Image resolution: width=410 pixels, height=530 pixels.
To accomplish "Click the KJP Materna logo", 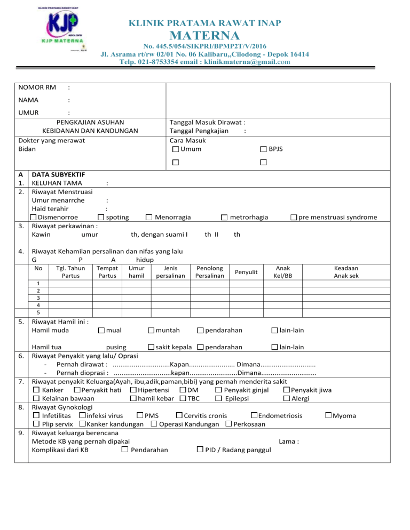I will (x=59, y=29).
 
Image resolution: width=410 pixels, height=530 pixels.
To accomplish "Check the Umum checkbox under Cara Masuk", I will (x=176, y=149).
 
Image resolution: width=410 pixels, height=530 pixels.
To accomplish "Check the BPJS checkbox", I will (x=264, y=149).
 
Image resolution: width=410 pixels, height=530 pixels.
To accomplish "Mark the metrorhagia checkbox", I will (x=224, y=217).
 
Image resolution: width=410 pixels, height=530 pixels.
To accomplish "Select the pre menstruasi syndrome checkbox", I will (x=294, y=217).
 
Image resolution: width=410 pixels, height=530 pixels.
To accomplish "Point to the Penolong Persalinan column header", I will (x=210, y=272).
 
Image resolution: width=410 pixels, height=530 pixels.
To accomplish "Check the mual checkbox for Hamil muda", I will (x=101, y=331).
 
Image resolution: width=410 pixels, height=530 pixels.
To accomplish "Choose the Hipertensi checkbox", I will (x=132, y=390).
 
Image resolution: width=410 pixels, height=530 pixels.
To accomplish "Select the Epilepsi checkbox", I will (x=219, y=399).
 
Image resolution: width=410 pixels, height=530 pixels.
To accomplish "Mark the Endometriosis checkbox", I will (x=254, y=416).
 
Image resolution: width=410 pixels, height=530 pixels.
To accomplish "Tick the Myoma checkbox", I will (x=328, y=416).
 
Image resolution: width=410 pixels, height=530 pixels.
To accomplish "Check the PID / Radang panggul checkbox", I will (x=200, y=450).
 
